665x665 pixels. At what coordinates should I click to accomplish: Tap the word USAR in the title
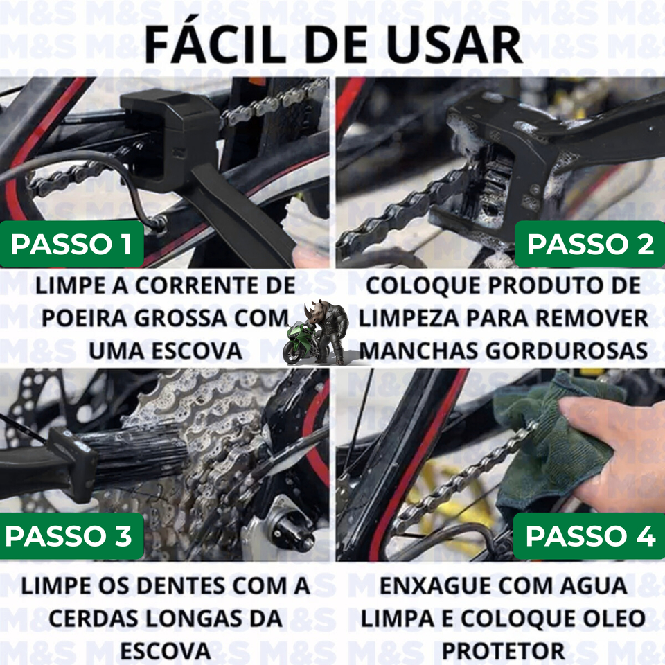(454, 44)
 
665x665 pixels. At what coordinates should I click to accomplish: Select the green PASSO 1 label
(71, 244)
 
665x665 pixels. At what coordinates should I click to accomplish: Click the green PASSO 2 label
(590, 244)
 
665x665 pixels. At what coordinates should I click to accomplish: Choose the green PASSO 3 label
(71, 535)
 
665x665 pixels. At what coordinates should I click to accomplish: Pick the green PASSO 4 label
(589, 536)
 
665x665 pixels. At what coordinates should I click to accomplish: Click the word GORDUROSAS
(567, 351)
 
